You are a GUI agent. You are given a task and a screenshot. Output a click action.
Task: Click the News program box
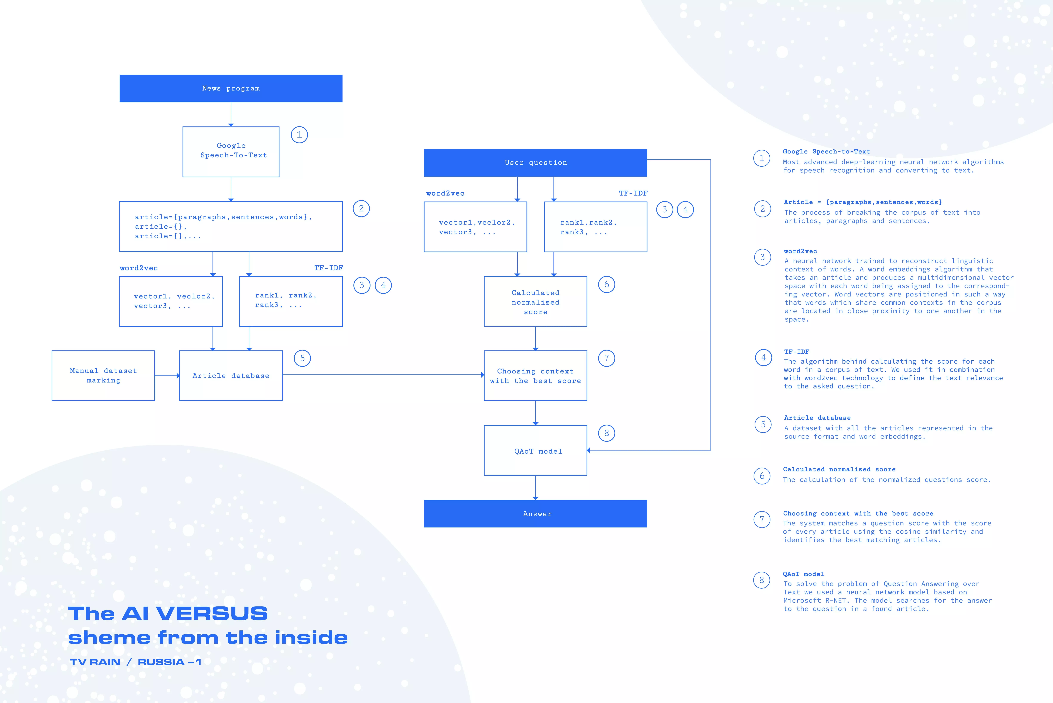pyautogui.click(x=231, y=88)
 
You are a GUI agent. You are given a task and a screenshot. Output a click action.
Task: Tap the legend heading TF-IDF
pyautogui.click(x=796, y=352)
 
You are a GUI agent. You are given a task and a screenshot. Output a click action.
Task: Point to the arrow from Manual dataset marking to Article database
pyautogui.click(x=167, y=376)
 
